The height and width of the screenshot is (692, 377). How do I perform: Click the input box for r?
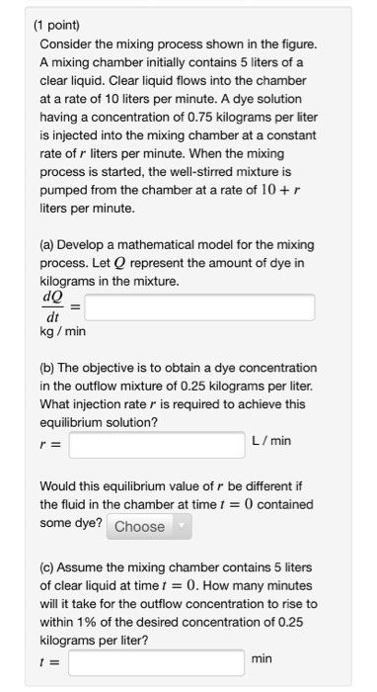click(x=155, y=444)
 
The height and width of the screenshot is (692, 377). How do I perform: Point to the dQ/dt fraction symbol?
click(x=52, y=308)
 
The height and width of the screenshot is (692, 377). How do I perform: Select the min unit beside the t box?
click(x=262, y=656)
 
